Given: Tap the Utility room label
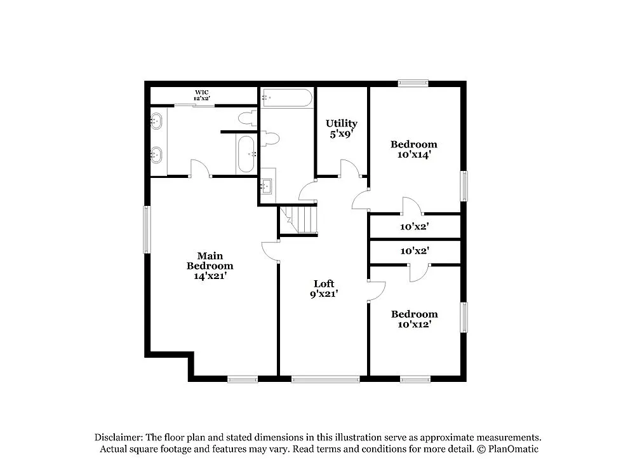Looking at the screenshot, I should pos(342,128).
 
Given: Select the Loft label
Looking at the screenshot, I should pos(324,289).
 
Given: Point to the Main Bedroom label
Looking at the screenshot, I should pos(210,266).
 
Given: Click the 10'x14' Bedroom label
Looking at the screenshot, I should pos(414,149).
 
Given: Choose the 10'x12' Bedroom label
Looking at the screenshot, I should pos(414,319).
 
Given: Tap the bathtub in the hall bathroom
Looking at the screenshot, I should pos(287,98).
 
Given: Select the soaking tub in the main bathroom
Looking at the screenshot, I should pos(245,153).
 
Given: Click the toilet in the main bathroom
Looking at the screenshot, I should pos(247,118).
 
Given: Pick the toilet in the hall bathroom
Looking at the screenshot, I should pos(271,138).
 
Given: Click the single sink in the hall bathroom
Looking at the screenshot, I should pos(267,186).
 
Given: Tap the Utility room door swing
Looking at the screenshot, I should pos(349,168).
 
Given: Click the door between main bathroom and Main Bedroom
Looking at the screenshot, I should pos(200,168).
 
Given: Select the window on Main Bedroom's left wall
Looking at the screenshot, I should pos(147,229).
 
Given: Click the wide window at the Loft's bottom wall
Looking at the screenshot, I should pos(325,379).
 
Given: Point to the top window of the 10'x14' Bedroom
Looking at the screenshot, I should pos(413,83).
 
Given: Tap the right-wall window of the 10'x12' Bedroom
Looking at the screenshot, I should pos(464,318).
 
